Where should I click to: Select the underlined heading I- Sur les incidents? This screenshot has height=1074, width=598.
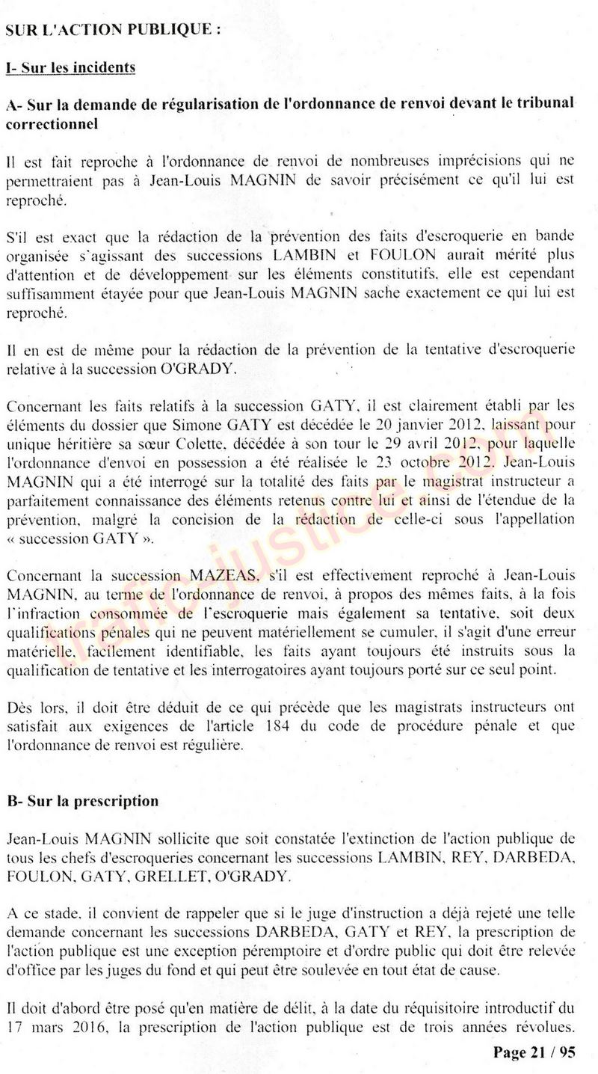click(x=70, y=68)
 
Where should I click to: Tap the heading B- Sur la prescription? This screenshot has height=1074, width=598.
click(x=82, y=801)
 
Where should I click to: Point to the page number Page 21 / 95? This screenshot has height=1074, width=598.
click(x=534, y=1052)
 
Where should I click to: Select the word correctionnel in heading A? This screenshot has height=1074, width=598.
click(x=52, y=124)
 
